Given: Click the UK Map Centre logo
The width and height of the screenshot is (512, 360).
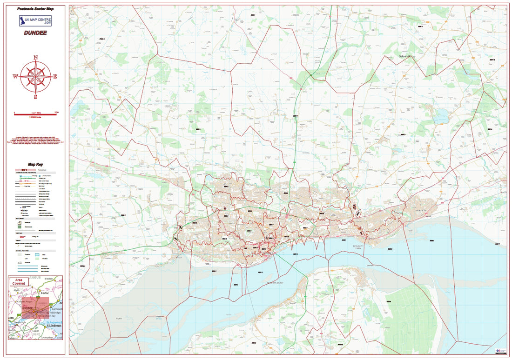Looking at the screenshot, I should [35, 20].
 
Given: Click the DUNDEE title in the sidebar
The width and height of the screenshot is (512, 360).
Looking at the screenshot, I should [35, 33].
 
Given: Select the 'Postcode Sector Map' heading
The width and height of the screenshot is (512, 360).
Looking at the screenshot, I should [35, 9].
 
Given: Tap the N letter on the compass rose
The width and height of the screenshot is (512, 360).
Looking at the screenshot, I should [36, 58].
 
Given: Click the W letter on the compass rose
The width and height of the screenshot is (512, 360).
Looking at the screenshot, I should [15, 77].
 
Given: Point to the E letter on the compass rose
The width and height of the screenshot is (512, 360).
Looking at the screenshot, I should [55, 77].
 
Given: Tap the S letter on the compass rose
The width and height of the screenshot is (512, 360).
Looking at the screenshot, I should [36, 97].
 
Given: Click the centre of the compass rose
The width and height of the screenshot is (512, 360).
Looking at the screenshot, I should [36, 77].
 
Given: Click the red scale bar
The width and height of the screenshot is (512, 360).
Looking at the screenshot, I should [35, 112].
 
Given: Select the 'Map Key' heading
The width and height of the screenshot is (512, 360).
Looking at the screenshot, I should [35, 164].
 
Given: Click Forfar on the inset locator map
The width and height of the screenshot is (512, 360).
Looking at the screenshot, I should [45, 293].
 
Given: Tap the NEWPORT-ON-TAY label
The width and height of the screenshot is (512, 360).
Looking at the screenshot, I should [263, 282].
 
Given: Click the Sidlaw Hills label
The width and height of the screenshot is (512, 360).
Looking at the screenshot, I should [406, 56].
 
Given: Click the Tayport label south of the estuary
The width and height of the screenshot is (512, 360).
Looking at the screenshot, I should [371, 265].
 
